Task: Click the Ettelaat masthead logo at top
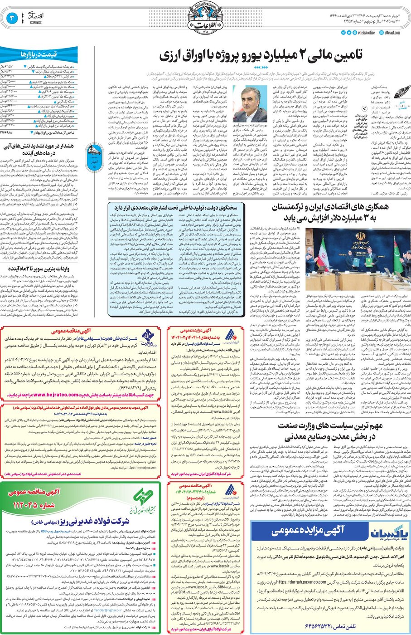coord(205,20)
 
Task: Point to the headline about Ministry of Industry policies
coord(331,431)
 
